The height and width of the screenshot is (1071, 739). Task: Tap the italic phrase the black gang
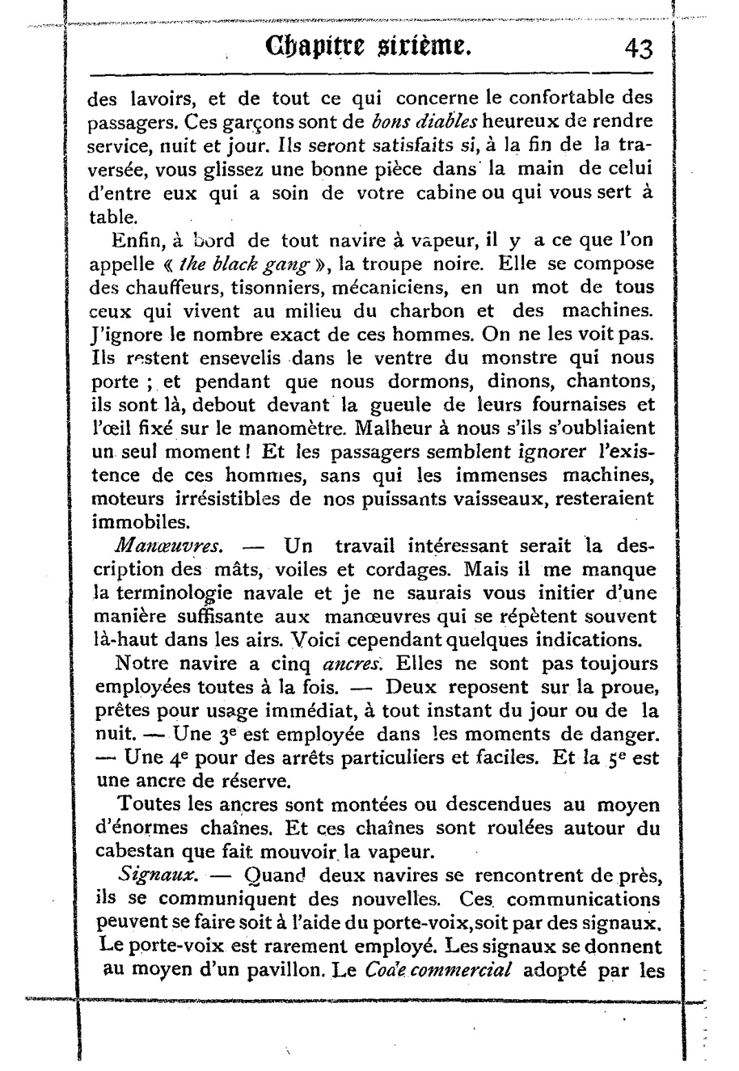pos(243,264)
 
